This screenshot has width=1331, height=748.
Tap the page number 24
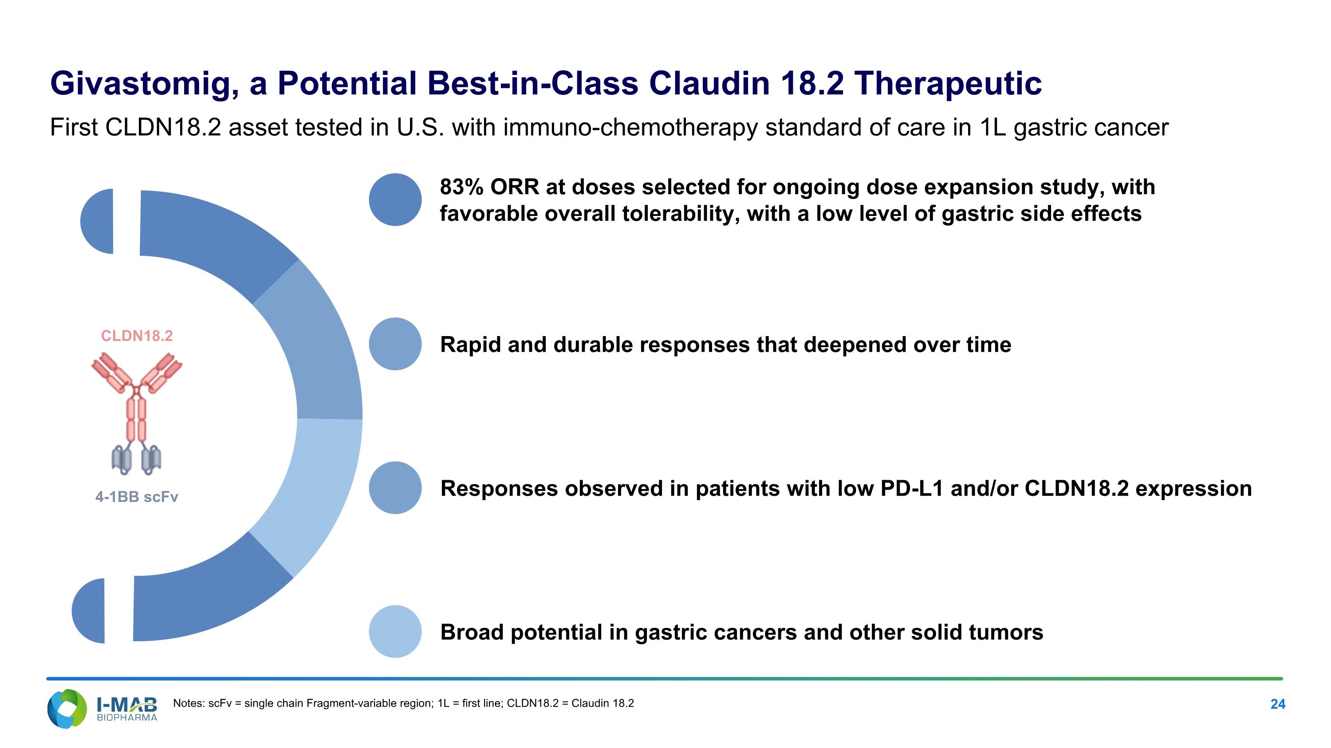(1277, 704)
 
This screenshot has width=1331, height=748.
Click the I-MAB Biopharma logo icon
(67, 708)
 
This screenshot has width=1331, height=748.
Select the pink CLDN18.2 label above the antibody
(137, 336)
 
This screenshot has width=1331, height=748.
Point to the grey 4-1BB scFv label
(137, 497)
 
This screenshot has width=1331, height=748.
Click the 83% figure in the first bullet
(461, 187)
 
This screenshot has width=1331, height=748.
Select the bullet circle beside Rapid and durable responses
(395, 344)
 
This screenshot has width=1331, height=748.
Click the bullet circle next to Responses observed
(395, 488)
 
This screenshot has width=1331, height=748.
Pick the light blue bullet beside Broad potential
(395, 631)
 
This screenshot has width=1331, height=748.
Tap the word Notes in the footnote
(188, 703)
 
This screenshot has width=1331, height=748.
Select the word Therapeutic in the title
(948, 84)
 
